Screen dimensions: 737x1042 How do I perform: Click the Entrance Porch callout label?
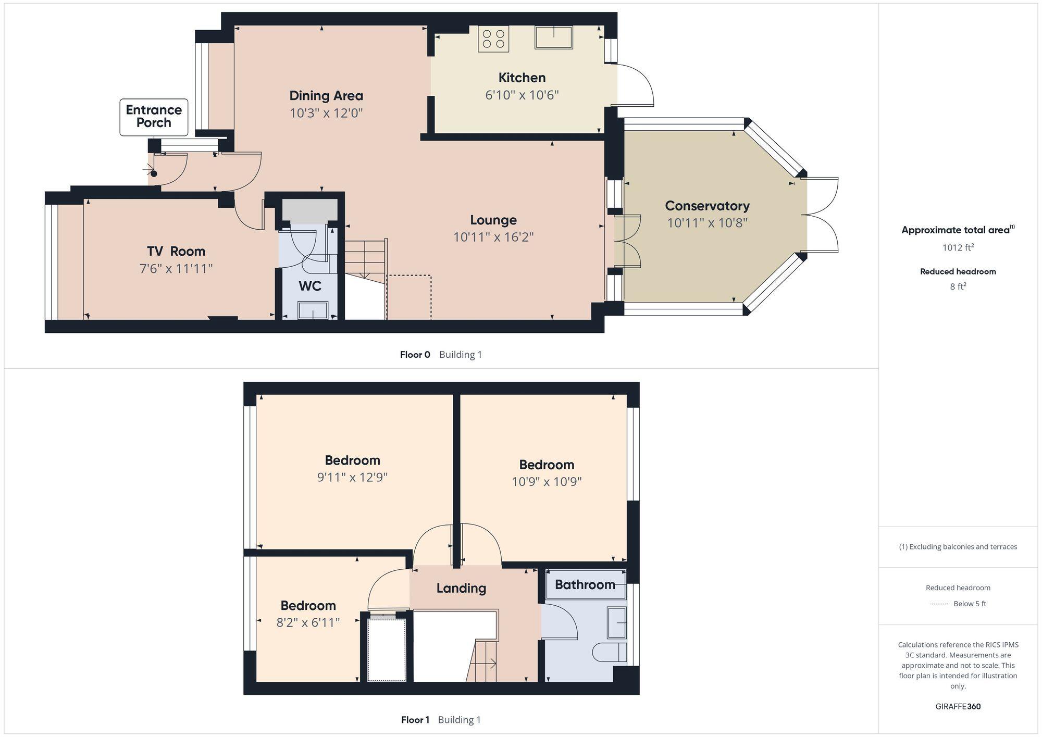(154, 117)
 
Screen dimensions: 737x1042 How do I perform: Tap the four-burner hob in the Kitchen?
(493, 39)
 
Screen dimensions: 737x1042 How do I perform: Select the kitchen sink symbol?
(553, 37)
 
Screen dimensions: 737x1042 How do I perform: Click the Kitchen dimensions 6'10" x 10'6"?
(522, 95)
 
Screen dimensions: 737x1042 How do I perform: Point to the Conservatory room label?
(707, 206)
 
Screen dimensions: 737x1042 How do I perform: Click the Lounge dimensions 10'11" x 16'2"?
(493, 238)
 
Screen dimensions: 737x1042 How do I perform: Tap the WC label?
(309, 286)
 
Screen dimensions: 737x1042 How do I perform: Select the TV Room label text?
(176, 252)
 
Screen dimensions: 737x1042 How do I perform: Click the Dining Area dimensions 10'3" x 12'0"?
(326, 113)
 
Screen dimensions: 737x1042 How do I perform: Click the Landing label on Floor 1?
(461, 589)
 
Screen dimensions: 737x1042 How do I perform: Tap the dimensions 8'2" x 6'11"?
(308, 622)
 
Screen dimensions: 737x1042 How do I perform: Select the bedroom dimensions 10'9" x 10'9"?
(547, 482)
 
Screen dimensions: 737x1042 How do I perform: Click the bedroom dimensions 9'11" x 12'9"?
(352, 477)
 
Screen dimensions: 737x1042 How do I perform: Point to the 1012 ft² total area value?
(958, 247)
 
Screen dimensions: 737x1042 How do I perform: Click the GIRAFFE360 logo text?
(958, 707)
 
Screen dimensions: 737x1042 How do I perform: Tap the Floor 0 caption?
(415, 355)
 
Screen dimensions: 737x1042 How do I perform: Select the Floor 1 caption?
(415, 720)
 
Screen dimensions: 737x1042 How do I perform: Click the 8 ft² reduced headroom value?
(958, 286)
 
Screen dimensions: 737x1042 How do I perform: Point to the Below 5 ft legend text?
(970, 604)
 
